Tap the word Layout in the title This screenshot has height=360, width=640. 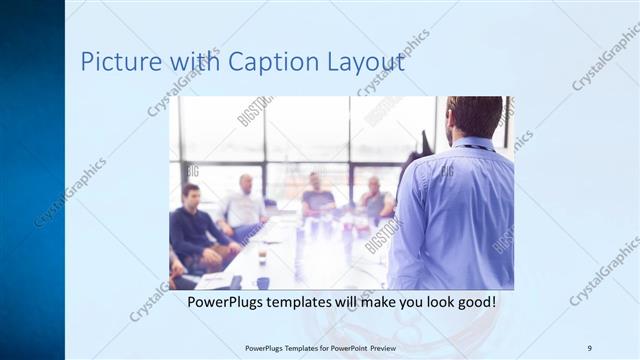pyautogui.click(x=366, y=62)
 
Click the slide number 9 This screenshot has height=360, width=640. pyautogui.click(x=589, y=347)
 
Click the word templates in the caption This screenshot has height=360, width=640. pyautogui.click(x=317, y=300)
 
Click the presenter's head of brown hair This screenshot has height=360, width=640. pyautogui.click(x=475, y=113)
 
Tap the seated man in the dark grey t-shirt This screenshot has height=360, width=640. pyautogui.click(x=317, y=195)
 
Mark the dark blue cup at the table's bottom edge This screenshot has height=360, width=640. pyautogui.click(x=262, y=283)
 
